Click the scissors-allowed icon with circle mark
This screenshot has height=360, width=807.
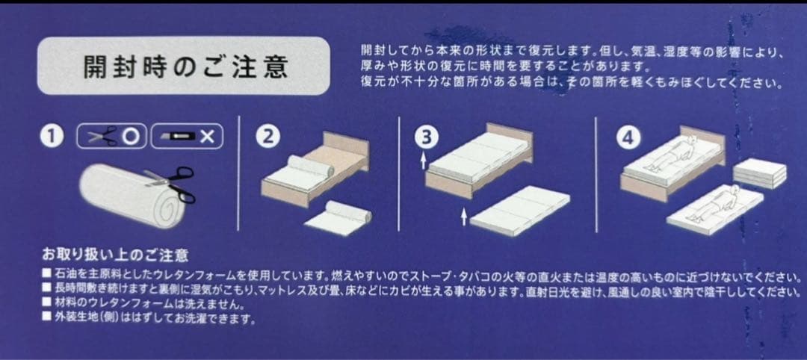pyautogui.click(x=111, y=137)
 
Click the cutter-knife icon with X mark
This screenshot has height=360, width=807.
pyautogui.click(x=188, y=137)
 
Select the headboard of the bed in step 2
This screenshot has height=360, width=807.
pyautogui.click(x=345, y=143)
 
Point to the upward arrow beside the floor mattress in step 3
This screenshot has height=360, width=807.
pyautogui.click(x=466, y=217)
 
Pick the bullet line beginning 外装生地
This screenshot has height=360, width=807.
pyautogui.click(x=149, y=318)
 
